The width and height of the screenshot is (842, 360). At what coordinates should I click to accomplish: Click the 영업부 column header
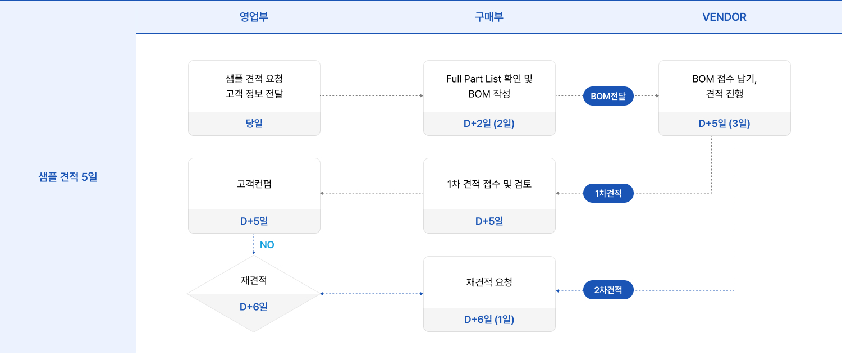254,17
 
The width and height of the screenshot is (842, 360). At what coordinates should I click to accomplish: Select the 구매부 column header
489,17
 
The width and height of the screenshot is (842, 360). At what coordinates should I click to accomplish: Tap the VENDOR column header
724,17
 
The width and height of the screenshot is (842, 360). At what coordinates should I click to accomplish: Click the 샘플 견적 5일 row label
68,177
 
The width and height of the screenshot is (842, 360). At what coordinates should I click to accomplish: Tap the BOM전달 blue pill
608,96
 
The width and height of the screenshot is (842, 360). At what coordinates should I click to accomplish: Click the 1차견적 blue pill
608,193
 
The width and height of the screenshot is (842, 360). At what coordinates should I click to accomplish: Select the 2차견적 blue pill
608,290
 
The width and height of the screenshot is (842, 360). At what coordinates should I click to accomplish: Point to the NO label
267,245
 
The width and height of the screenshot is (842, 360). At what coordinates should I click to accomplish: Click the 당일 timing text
254,124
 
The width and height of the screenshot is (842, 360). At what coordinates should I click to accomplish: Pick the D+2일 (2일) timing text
489,124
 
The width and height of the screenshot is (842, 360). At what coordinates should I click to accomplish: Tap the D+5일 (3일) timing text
724,124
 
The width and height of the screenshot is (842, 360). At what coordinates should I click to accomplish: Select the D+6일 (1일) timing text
489,320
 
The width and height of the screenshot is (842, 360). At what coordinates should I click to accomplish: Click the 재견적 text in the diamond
254,280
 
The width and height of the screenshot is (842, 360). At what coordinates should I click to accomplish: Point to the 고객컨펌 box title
254,184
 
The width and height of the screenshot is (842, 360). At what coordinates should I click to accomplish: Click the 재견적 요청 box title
489,282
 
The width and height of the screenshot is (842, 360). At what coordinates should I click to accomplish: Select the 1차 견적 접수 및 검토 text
489,184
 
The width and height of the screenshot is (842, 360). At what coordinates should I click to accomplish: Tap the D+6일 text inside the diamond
254,307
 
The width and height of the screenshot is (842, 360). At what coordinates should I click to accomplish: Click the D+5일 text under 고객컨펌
254,221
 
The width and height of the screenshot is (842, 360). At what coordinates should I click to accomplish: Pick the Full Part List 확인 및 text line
489,79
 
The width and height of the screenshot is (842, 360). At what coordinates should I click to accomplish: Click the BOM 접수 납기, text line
724,79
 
